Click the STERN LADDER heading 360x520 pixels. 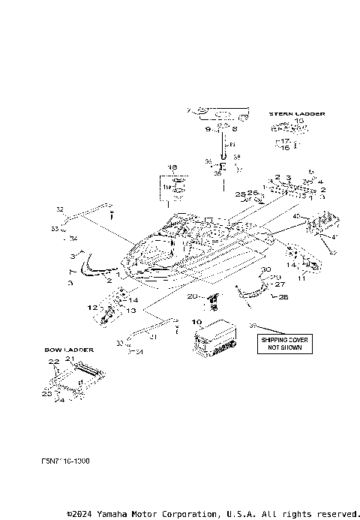click(297, 113)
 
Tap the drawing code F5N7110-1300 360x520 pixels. click(66, 460)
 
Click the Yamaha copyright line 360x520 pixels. click(213, 514)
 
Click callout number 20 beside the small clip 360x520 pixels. click(192, 297)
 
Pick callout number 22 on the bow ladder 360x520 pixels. click(54, 362)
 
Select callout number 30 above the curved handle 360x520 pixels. click(265, 269)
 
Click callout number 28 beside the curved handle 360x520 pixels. click(262, 297)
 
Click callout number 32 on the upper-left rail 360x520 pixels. click(61, 209)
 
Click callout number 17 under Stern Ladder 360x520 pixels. click(286, 140)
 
